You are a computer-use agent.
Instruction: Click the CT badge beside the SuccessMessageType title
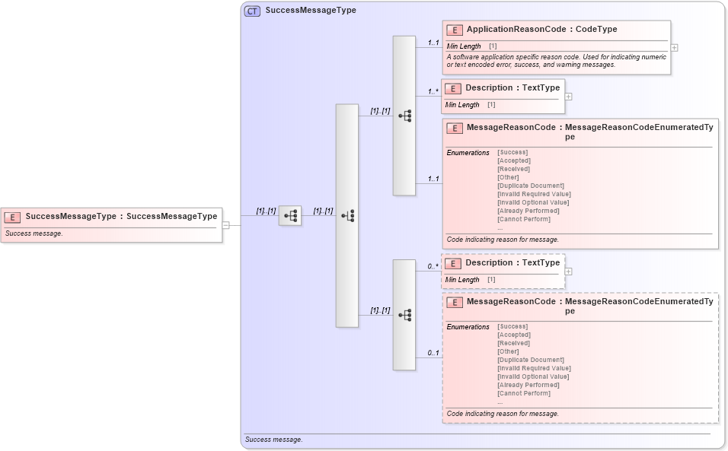(252, 11)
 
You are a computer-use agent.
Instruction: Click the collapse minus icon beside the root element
(225, 225)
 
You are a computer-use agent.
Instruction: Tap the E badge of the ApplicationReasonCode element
(454, 30)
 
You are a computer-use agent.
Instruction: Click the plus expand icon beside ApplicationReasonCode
(675, 47)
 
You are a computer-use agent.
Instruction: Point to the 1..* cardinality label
(433, 91)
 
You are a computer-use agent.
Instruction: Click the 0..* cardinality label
(433, 266)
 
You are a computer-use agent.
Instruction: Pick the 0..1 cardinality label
(433, 353)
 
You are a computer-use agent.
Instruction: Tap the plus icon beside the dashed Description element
(569, 272)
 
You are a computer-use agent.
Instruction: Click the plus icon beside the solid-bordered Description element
(569, 97)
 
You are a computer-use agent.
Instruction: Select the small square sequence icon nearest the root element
(290, 216)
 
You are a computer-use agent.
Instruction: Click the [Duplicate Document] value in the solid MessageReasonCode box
(530, 186)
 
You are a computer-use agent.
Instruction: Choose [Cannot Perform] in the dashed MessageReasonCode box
(523, 393)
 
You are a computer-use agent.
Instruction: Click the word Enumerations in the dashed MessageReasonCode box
(468, 327)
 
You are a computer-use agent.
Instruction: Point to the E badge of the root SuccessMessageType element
(12, 217)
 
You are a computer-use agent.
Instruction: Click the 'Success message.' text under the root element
(34, 233)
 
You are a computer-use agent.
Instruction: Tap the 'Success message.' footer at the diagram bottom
(273, 440)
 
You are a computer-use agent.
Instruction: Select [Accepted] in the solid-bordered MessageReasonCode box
(513, 160)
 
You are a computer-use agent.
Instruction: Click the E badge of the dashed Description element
(452, 263)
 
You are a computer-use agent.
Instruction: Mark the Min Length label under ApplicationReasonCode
(463, 46)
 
